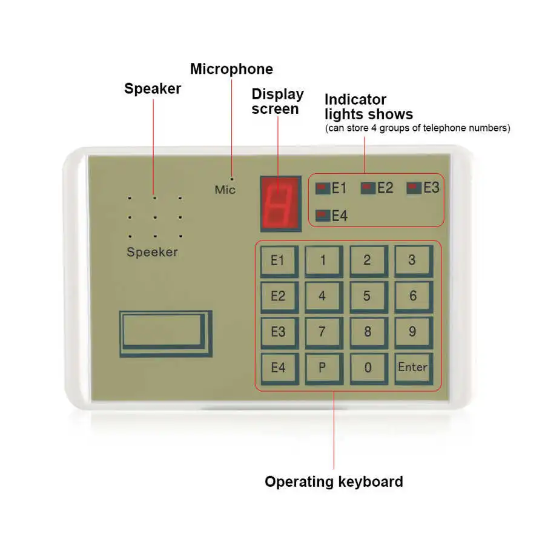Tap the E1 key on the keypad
point(278,262)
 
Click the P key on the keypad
point(322,368)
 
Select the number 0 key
point(368,368)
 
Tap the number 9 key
point(412,332)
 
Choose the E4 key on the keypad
point(278,368)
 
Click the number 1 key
point(322,262)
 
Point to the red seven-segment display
point(280,204)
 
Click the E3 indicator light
point(414,188)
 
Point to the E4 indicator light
point(323,216)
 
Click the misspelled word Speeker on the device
point(152,252)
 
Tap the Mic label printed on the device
point(225,190)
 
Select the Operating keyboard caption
point(334,482)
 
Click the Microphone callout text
point(231,69)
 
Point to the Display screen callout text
point(277,101)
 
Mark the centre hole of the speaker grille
point(154,217)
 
